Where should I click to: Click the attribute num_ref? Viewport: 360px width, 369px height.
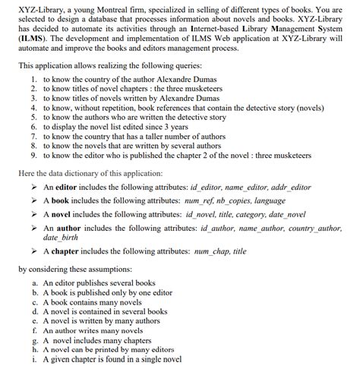[x=197, y=200]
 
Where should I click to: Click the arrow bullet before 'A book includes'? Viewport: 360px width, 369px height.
[x=32, y=200]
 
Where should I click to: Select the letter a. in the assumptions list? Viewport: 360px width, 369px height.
[x=35, y=281]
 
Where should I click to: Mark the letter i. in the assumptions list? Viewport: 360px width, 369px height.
[x=35, y=360]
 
